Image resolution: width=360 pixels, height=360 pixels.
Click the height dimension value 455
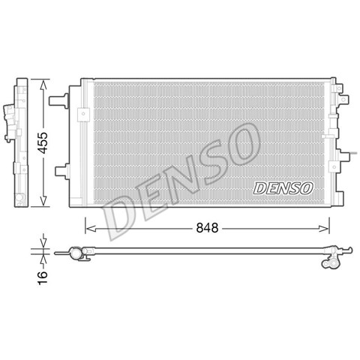pos(43,142)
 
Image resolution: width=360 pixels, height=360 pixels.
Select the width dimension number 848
pos(207,228)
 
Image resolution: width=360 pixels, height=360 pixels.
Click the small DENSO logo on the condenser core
pos(283,188)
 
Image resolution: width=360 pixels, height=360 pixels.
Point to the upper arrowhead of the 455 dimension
pos(43,85)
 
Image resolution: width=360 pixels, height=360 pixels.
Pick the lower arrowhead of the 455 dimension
pos(43,200)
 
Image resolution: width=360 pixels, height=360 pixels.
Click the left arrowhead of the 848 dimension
pos(91,228)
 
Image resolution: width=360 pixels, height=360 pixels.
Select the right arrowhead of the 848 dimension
pos(324,228)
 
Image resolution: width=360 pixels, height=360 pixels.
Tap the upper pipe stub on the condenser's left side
pos(58,100)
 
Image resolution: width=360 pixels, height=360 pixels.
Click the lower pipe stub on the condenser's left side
pos(62,171)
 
